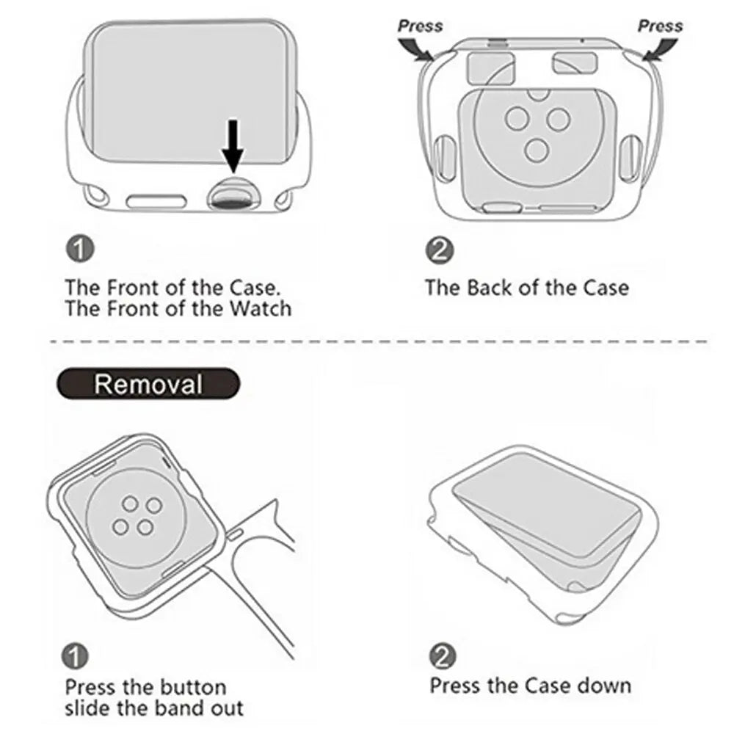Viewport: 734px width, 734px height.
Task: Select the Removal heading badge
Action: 148,384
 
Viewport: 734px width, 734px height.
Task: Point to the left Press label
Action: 420,26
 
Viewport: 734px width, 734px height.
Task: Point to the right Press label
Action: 660,26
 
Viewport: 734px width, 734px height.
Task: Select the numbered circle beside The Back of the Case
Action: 440,251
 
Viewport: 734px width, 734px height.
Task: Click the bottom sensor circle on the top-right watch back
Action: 537,150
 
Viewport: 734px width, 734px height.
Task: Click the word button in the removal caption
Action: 192,688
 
